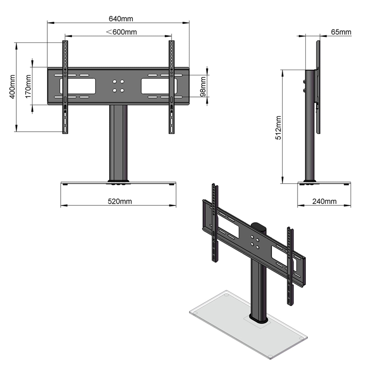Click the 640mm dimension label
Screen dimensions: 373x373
click(121, 19)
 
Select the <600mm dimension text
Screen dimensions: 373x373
click(121, 32)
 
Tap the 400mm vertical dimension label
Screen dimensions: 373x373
click(12, 87)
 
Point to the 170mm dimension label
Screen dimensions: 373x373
click(28, 86)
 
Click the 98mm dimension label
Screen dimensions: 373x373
click(203, 86)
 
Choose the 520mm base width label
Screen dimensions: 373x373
click(120, 201)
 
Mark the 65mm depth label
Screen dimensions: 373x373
click(341, 32)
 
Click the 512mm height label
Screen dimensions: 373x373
click(278, 128)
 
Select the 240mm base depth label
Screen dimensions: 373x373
click(324, 201)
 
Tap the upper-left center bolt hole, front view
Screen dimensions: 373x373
click(114, 82)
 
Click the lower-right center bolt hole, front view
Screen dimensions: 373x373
click(122, 91)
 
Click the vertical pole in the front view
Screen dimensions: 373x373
click(118, 142)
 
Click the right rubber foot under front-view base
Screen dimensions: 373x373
click(171, 184)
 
